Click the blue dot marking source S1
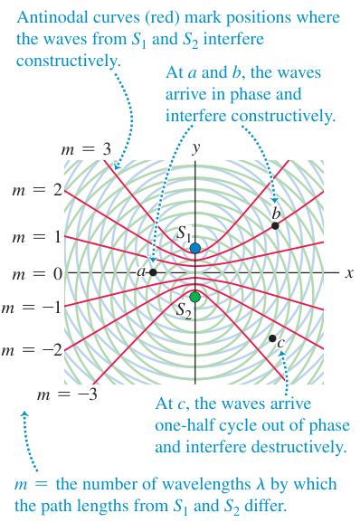[x=195, y=248]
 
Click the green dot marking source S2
[x=194, y=297]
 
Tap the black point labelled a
[x=153, y=272]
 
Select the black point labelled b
[x=275, y=225]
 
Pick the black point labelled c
[x=272, y=338]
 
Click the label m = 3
[x=86, y=149]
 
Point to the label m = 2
[x=37, y=191]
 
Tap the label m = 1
[x=37, y=237]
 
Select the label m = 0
[x=37, y=273]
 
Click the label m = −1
[x=32, y=308]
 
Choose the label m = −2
[x=32, y=350]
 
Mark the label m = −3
[x=67, y=394]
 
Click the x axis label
[x=349, y=273]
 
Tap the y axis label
[x=195, y=148]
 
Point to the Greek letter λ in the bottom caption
[x=261, y=484]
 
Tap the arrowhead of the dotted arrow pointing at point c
[x=281, y=353]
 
